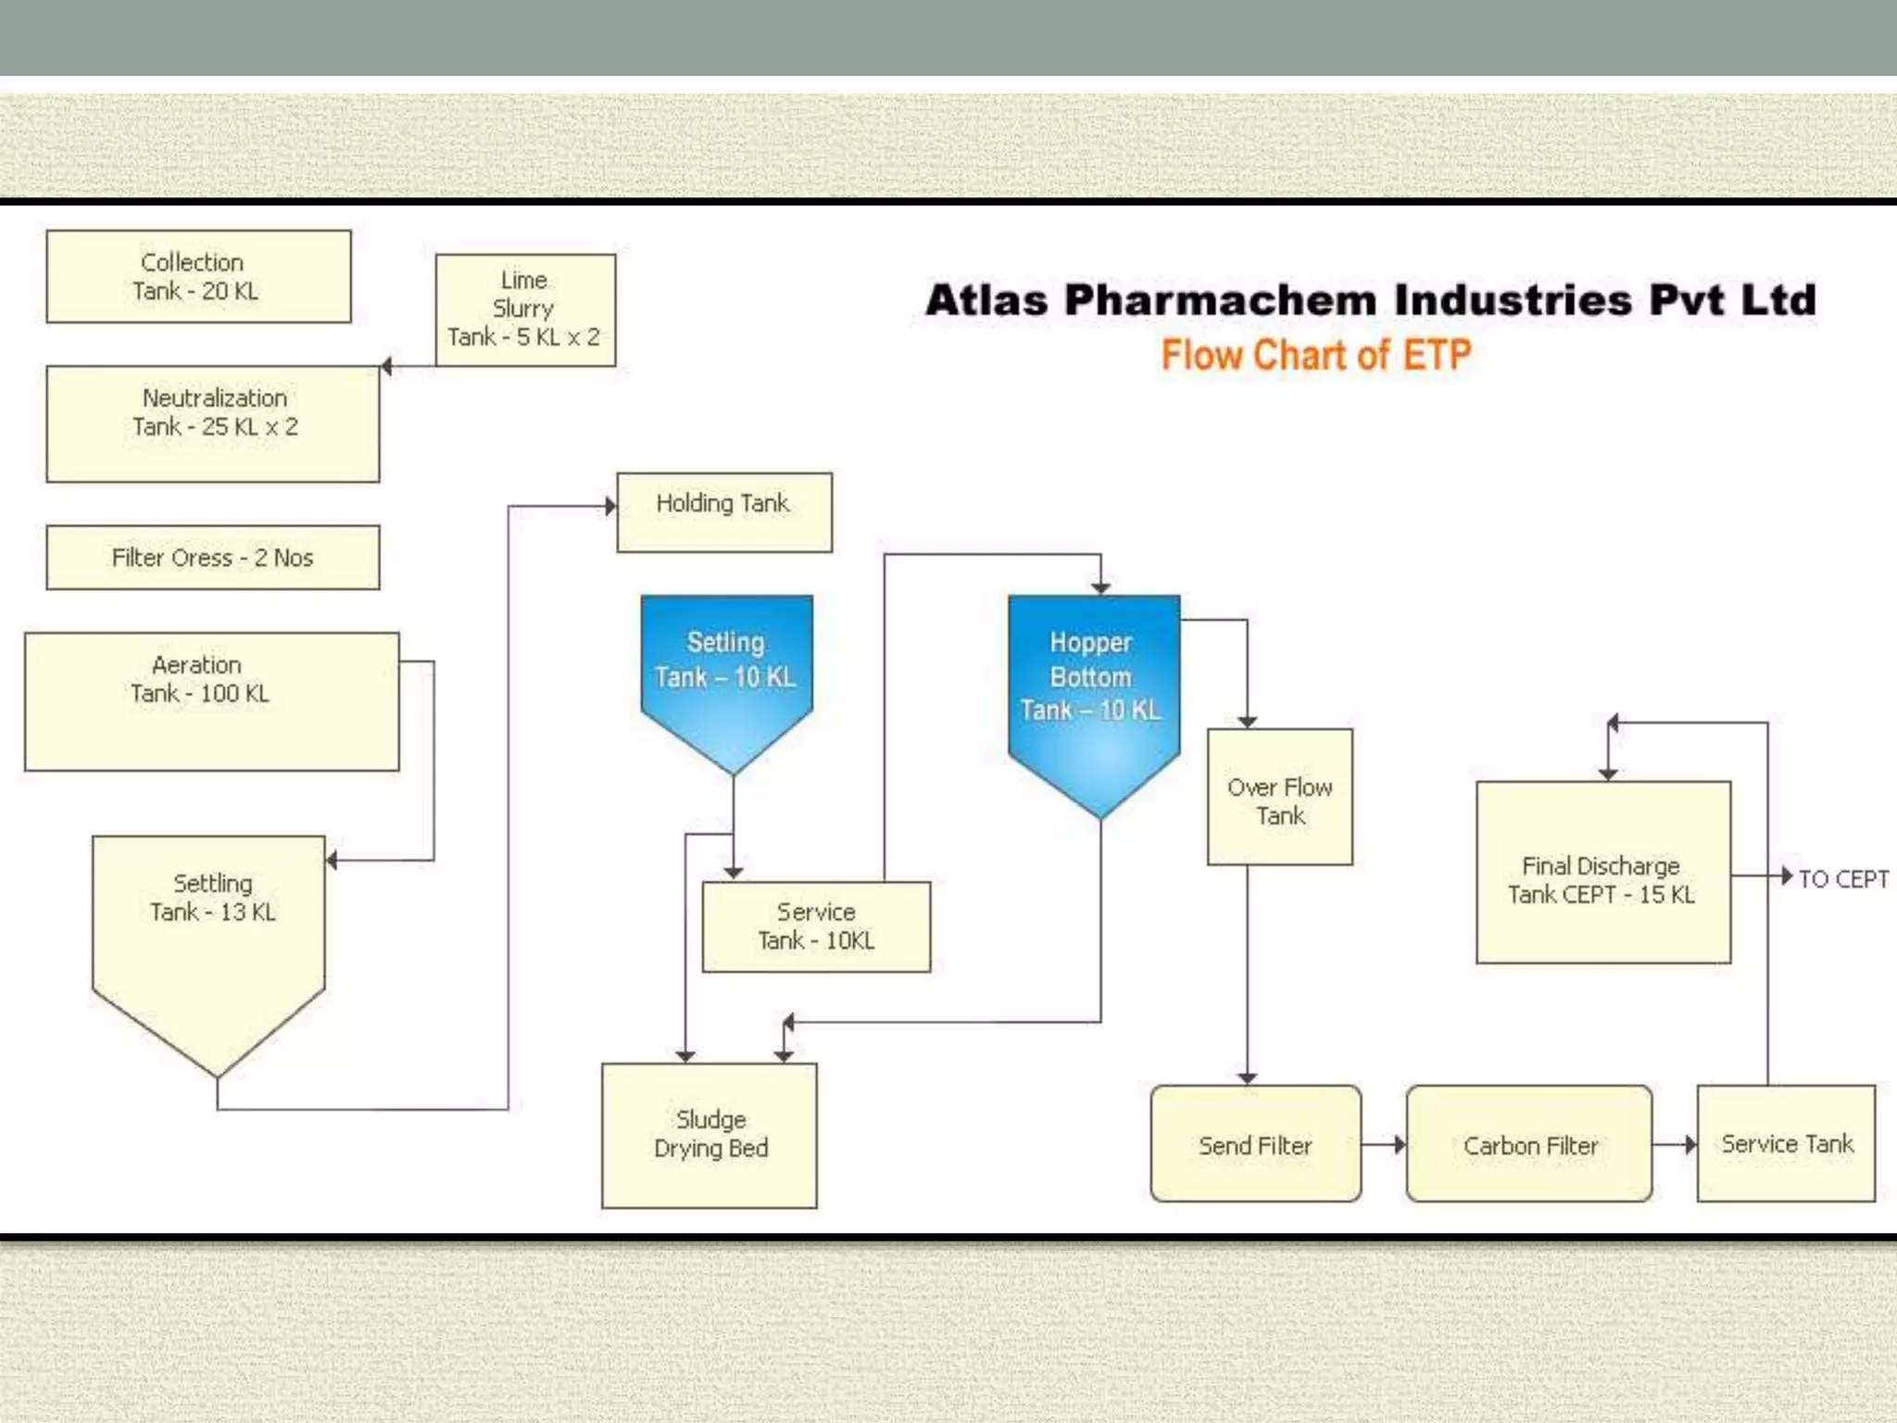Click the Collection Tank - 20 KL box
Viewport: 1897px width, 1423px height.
198,276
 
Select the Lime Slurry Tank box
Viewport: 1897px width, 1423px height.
525,309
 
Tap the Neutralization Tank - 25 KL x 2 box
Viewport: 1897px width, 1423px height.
213,423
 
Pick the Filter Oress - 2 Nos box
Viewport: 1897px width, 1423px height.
213,558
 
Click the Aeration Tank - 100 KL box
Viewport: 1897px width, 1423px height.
211,701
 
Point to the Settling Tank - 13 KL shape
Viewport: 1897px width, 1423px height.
209,936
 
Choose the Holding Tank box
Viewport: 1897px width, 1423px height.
724,512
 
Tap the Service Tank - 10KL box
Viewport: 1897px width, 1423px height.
816,926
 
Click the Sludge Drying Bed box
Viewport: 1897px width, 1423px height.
710,1135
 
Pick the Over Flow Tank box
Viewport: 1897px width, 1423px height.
1279,798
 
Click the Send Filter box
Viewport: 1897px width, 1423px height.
1255,1145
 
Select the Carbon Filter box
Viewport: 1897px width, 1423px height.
1529,1145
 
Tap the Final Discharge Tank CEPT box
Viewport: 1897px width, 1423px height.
1602,873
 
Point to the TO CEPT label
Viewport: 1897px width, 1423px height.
1842,878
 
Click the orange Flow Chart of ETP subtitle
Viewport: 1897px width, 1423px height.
1315,355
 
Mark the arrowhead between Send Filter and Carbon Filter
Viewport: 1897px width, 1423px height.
1399,1145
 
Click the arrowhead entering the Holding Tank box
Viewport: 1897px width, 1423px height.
610,506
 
